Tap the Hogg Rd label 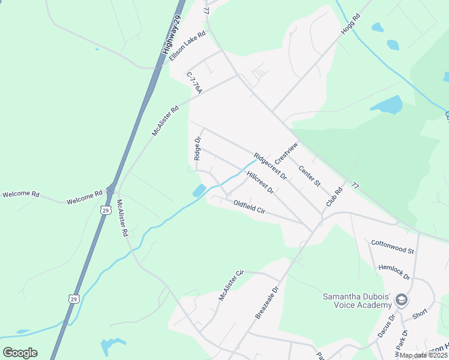[350, 24]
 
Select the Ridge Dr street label [197, 148]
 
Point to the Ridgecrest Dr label [270, 166]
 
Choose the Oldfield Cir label [249, 207]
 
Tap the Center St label [310, 175]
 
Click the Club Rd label [334, 197]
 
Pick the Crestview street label [286, 154]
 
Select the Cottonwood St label [393, 247]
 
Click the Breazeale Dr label [267, 302]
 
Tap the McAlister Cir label [231, 286]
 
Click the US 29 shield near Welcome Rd [106, 210]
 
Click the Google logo [20, 353]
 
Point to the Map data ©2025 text [423, 355]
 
